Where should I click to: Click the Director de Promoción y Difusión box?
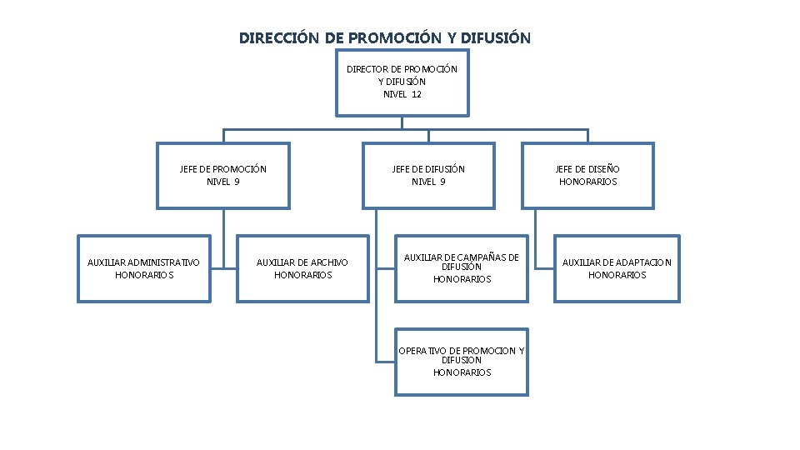click(x=402, y=82)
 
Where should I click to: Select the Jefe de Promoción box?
click(x=223, y=175)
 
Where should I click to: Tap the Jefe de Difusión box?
click(x=428, y=175)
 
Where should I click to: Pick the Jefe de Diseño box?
click(x=587, y=175)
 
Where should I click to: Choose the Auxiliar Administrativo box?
click(x=143, y=268)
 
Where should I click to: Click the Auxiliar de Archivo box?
click(x=302, y=268)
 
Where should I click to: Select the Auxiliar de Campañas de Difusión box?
click(x=462, y=268)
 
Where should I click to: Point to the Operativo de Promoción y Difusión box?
click(x=462, y=362)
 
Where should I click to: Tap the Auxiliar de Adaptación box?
click(x=617, y=268)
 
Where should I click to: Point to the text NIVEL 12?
click(x=402, y=94)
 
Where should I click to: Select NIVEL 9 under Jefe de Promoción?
click(x=223, y=182)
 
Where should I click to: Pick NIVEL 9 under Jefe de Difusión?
click(x=428, y=182)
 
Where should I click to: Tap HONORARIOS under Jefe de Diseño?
click(x=587, y=182)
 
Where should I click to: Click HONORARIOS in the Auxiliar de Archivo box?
click(x=302, y=275)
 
